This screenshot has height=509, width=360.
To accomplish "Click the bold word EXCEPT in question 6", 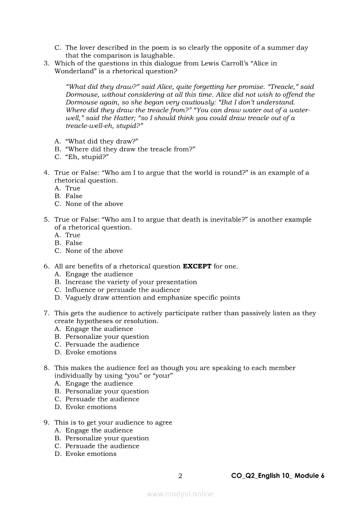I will click(197, 266).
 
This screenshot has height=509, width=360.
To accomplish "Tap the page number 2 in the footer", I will click(180, 476).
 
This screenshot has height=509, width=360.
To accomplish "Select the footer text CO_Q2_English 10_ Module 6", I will click(278, 476).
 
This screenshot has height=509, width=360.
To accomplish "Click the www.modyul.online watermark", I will click(180, 494).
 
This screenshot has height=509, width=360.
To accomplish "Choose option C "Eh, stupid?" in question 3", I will click(87, 157).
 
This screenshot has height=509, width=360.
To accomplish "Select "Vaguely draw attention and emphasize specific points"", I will click(153, 298).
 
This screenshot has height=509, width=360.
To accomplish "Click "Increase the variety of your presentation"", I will click(131, 282).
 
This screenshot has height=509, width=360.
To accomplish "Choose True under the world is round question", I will click(73, 189).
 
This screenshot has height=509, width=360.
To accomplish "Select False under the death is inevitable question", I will click(74, 243).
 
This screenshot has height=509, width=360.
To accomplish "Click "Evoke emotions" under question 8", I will click(91, 407).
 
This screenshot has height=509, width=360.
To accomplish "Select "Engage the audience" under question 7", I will click(99, 329).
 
